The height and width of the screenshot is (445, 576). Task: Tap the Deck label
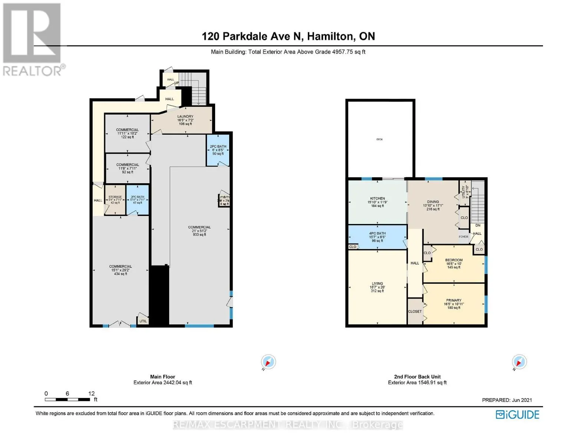coord(379,139)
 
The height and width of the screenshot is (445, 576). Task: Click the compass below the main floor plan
coord(268,362)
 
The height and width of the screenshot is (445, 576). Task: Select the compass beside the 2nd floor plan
coord(519,362)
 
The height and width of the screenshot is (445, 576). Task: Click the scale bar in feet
coord(68,399)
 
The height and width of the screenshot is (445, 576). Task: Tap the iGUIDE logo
coord(517,415)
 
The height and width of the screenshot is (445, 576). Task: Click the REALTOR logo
coord(33,39)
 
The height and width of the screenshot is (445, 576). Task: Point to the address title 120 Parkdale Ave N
coord(288,36)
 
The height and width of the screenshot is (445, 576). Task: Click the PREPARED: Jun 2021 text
coord(507,400)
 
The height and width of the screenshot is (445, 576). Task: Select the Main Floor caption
coord(162,377)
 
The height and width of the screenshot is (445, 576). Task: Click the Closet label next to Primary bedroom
coord(415,311)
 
